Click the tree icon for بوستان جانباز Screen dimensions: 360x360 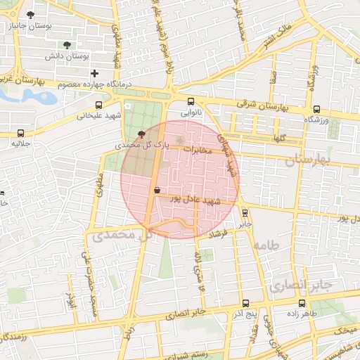(30, 14)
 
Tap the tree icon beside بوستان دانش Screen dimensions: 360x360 (67, 44)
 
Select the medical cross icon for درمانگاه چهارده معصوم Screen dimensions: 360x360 (94, 73)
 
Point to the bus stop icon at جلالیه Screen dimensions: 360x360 (20, 132)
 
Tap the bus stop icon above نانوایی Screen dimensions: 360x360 (191, 101)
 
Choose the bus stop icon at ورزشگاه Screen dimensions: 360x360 (317, 109)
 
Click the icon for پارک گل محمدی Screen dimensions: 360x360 (143, 133)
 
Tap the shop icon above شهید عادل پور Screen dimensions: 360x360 (157, 190)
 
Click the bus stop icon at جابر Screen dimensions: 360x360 (245, 212)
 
